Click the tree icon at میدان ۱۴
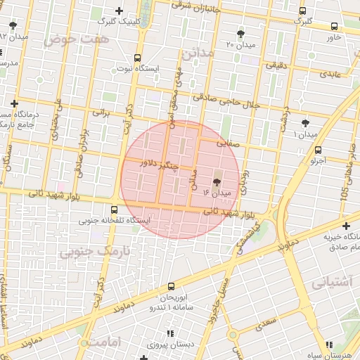click(215, 181)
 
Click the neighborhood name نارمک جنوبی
click(95, 250)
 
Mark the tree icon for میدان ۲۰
click(241, 34)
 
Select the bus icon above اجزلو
click(319, 150)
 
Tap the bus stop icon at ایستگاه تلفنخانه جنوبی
click(115, 209)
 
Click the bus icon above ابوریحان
click(172, 286)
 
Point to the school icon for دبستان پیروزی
click(169, 335)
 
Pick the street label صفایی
click(228, 142)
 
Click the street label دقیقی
click(274, 64)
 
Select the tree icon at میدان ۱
click(304, 123)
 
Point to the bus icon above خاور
click(333, 27)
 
